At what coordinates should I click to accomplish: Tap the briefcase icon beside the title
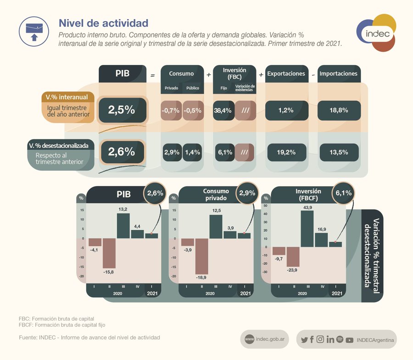point(33,30)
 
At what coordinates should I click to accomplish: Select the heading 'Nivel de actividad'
point(103,22)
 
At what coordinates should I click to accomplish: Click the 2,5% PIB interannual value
point(122,110)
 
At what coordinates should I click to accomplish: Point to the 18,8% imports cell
point(339,111)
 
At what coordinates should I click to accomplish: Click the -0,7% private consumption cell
point(171,111)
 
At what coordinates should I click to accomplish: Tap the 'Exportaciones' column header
point(286,74)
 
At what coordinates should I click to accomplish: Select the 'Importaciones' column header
point(339,74)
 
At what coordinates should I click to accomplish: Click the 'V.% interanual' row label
point(68,97)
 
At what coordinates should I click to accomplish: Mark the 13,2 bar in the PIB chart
point(123,226)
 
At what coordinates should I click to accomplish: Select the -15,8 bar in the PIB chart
point(109,253)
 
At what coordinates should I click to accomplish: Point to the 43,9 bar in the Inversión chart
point(307,228)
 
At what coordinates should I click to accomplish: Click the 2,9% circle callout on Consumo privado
point(247,193)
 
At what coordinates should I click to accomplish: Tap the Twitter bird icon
point(304,340)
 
